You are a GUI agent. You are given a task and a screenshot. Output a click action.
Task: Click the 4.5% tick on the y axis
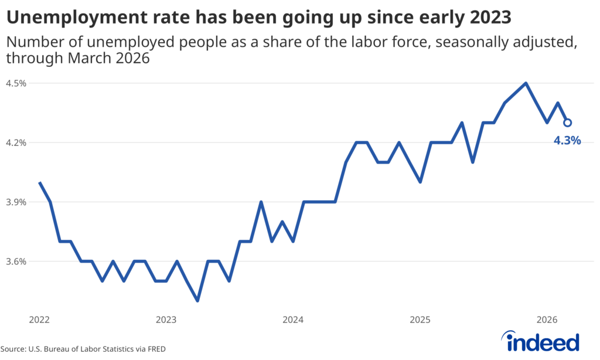(16, 83)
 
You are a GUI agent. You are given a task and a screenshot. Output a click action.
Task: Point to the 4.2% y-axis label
(16, 142)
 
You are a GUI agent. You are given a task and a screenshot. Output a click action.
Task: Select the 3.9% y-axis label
(16, 202)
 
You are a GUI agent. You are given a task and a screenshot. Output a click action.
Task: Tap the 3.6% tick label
(16, 261)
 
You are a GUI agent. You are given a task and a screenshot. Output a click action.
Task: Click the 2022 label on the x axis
(39, 320)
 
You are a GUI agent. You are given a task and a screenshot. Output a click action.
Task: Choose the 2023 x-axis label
(166, 320)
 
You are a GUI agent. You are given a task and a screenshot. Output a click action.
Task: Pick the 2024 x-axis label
(293, 320)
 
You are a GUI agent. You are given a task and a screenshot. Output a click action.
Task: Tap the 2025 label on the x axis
(420, 320)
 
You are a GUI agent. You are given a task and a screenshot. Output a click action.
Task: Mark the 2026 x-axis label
(547, 320)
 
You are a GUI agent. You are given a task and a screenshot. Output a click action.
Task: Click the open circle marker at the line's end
(567, 123)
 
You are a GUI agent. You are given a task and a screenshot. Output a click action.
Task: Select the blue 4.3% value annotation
(567, 141)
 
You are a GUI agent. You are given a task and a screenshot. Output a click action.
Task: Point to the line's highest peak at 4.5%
(526, 83)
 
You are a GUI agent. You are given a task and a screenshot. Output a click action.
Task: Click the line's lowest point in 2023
(197, 301)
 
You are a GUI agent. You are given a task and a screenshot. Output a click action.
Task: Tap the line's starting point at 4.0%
(40, 182)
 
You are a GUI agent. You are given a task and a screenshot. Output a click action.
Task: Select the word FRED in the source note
(155, 349)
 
